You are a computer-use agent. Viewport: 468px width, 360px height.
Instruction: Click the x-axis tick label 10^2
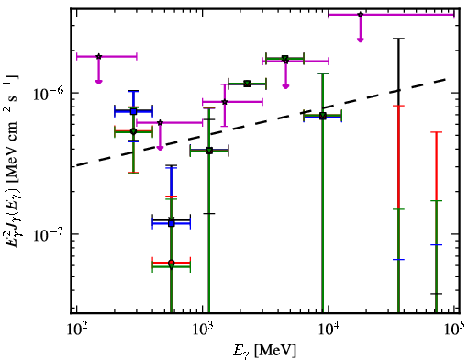[76, 332]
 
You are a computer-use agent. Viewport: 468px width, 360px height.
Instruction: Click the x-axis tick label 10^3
[202, 332]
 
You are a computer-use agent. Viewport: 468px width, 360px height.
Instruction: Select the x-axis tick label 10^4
[329, 332]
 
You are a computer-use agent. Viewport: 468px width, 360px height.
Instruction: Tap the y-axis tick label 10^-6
[49, 94]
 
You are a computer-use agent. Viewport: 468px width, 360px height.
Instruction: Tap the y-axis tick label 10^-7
[49, 235]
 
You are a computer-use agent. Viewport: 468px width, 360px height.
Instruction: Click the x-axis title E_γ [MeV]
[264, 351]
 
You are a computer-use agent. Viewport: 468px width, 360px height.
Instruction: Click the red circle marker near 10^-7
[172, 263]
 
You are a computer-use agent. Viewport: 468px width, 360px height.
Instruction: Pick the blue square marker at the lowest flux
[172, 224]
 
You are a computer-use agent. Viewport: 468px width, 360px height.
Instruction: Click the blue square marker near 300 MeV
[133, 111]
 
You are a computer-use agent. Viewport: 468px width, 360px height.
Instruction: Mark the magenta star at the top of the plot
[361, 15]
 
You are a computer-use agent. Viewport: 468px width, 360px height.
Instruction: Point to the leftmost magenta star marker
[98, 56]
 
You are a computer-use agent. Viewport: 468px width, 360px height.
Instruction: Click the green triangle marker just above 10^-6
[247, 84]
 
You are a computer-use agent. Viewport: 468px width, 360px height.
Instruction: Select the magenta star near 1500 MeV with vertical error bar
[225, 102]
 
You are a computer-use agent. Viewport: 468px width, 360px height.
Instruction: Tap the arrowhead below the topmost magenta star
[361, 39]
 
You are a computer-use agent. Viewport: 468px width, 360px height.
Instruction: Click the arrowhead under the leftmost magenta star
[98, 82]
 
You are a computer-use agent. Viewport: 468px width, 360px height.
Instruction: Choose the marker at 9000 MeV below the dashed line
[323, 116]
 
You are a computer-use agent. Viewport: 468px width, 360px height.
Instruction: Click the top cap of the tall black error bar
[398, 39]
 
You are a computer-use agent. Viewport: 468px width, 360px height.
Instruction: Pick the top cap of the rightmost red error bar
[436, 132]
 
